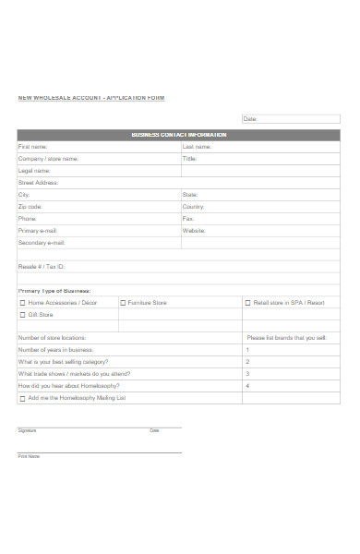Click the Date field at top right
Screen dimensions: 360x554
pyautogui.click(x=290, y=119)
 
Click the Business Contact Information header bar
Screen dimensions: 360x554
pyautogui.click(x=178, y=135)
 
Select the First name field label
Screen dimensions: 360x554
pyautogui.click(x=32, y=147)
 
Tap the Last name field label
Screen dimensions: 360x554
pyautogui.click(x=198, y=147)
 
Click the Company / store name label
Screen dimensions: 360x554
pyautogui.click(x=48, y=159)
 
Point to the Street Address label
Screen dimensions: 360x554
pyautogui.click(x=38, y=183)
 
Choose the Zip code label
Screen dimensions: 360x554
pyautogui.click(x=30, y=207)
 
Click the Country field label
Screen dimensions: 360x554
pyautogui.click(x=193, y=207)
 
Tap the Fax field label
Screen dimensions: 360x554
pyautogui.click(x=187, y=219)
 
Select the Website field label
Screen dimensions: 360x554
pyautogui.click(x=193, y=231)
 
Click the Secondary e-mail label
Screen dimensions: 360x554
pyautogui.click(x=42, y=243)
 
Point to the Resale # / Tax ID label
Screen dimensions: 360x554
pyautogui.click(x=42, y=267)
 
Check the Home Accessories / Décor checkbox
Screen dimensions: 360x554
pyautogui.click(x=23, y=303)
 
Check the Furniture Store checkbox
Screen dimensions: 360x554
pyautogui.click(x=123, y=303)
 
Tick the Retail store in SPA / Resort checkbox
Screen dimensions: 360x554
pyautogui.click(x=247, y=303)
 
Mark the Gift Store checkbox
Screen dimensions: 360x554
pyautogui.click(x=23, y=315)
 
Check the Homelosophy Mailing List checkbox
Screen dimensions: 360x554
pyautogui.click(x=23, y=398)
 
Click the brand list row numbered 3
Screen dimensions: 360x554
pyautogui.click(x=290, y=374)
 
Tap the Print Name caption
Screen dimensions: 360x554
pyautogui.click(x=29, y=456)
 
